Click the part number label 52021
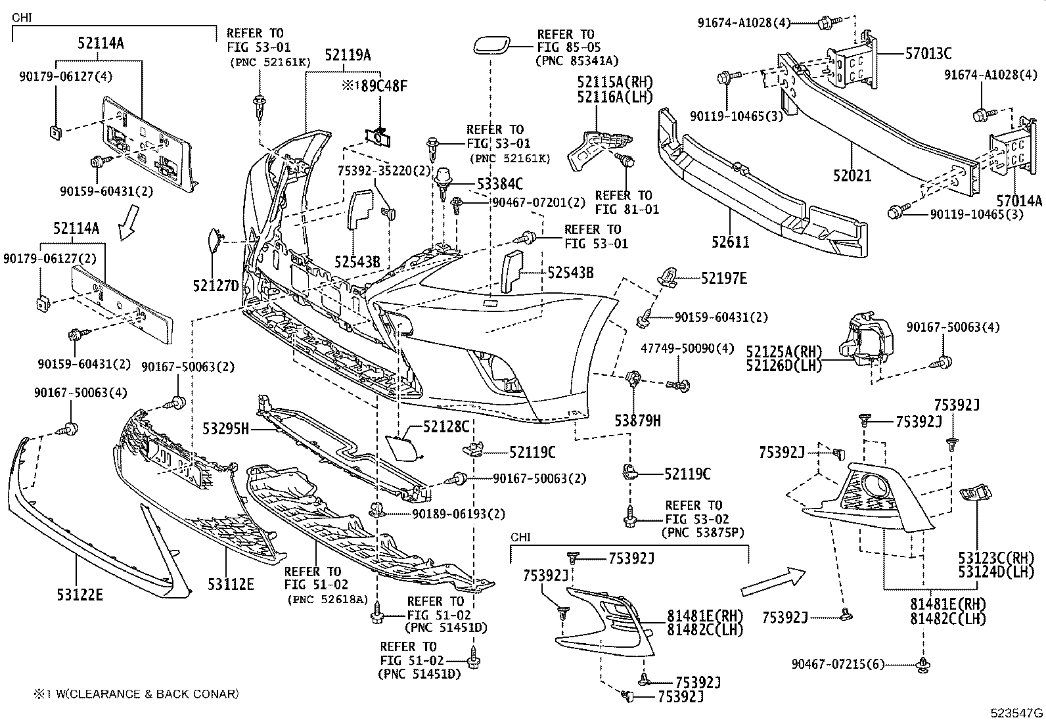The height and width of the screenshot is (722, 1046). tap(852, 175)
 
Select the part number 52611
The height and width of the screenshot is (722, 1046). tap(729, 242)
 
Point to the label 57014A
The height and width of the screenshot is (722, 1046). tap(1018, 200)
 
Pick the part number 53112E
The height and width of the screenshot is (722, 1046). tap(231, 583)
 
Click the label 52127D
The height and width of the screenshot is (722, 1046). tap(216, 285)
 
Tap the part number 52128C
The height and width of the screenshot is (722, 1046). tap(446, 427)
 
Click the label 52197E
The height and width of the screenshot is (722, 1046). tap(723, 278)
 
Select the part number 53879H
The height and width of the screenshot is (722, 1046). tap(637, 420)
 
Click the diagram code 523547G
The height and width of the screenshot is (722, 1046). tap(1017, 713)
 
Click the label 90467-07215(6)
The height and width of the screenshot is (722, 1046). tap(838, 664)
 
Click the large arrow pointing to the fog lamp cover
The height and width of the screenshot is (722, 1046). tap(773, 582)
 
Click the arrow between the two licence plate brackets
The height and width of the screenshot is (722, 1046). tap(129, 222)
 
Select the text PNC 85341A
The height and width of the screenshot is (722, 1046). tap(578, 61)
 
